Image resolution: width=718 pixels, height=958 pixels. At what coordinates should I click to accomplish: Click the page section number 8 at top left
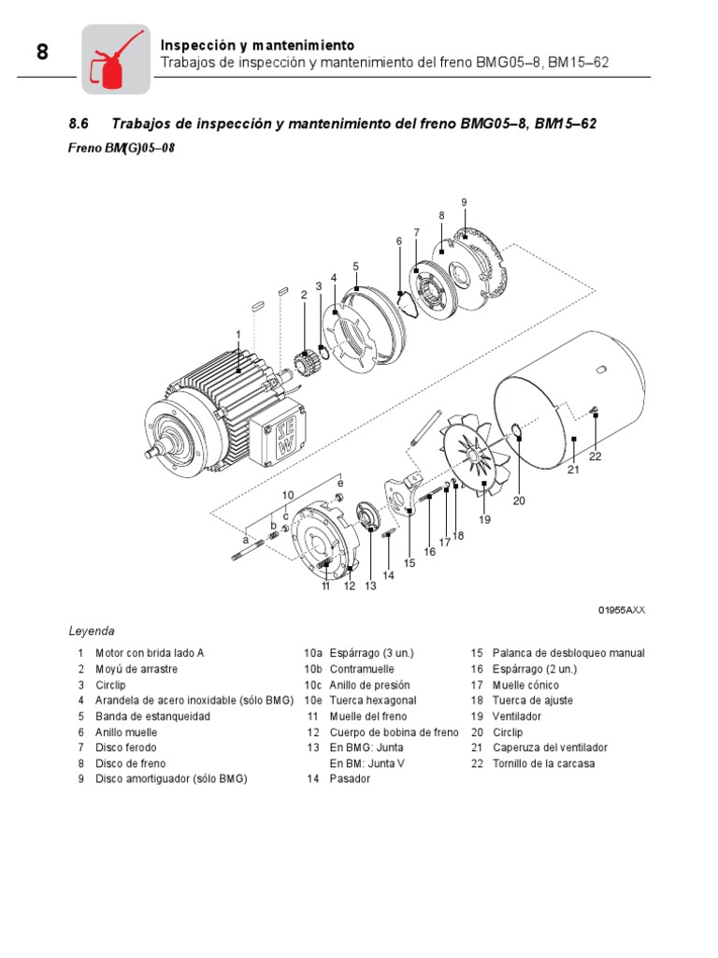(x=42, y=52)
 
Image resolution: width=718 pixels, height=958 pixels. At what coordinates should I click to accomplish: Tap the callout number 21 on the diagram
(x=574, y=471)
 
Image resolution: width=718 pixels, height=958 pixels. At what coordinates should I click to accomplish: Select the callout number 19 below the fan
(x=484, y=518)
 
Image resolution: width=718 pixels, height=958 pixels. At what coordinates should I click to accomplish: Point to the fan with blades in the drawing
(x=478, y=457)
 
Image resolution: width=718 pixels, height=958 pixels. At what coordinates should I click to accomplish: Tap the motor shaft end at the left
(x=154, y=456)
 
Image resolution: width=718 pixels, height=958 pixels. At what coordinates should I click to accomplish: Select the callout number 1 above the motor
(x=238, y=334)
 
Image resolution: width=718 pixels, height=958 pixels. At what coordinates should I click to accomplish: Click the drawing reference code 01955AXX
(x=622, y=610)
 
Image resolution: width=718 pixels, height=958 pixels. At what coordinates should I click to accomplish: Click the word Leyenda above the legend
(x=92, y=631)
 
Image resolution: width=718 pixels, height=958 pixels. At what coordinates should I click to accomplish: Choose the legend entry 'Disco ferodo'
(x=125, y=748)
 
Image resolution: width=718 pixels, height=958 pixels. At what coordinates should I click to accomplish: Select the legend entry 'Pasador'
(x=350, y=778)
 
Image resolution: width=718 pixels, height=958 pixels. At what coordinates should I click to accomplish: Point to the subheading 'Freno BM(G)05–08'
(x=122, y=147)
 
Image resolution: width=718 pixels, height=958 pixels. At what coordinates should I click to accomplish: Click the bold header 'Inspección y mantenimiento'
(x=257, y=45)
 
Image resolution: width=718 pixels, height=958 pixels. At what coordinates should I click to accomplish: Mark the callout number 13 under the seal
(x=370, y=587)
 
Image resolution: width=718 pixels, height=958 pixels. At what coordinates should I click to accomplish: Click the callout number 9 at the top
(x=463, y=202)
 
